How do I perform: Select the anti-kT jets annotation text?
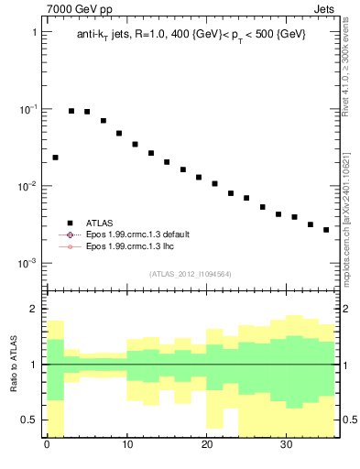click(x=191, y=34)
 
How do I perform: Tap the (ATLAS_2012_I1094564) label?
click(x=191, y=273)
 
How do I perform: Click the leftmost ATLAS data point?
click(x=55, y=158)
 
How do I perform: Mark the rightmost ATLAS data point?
click(x=326, y=230)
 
